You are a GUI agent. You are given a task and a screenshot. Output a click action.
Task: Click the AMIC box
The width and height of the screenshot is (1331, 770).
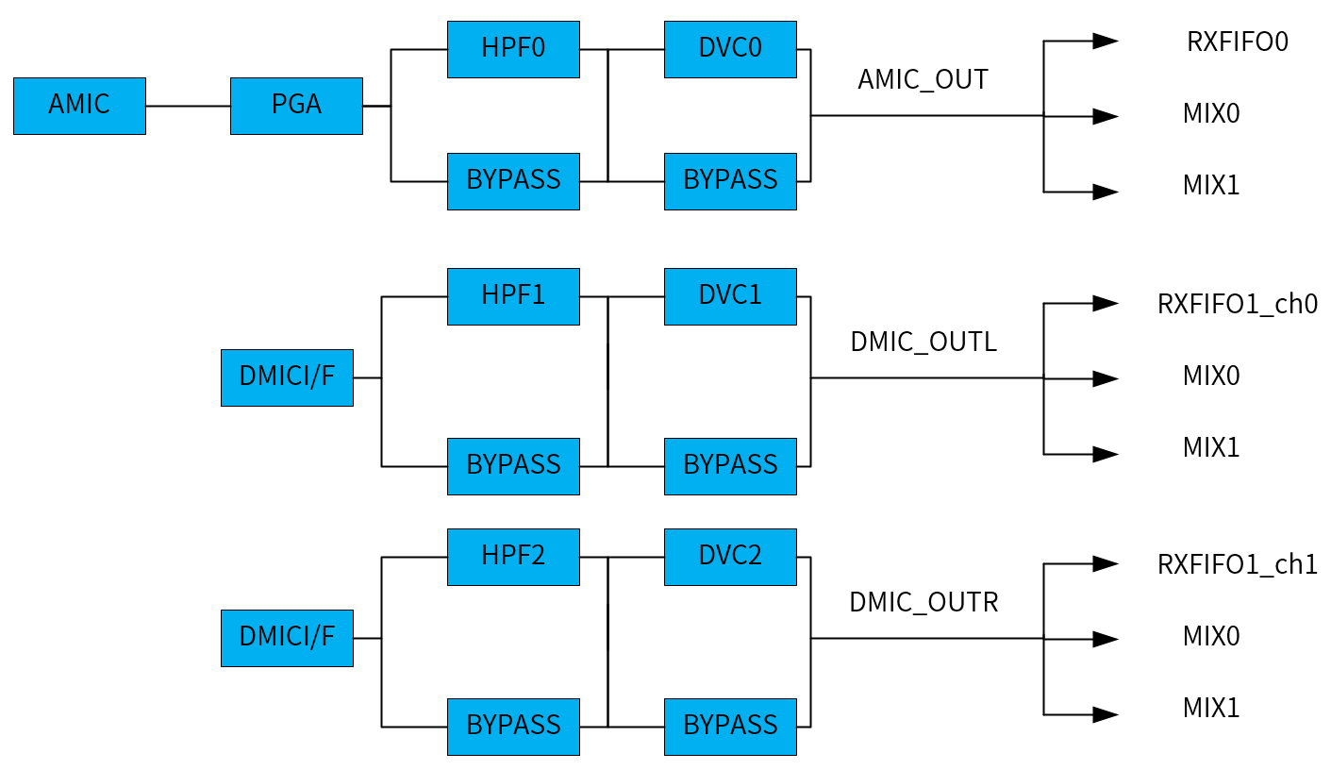pyautogui.click(x=79, y=106)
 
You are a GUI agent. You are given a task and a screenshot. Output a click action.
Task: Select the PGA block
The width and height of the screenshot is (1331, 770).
pyautogui.click(x=296, y=106)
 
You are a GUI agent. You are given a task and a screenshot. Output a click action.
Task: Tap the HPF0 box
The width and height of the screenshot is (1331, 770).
pyautogui.click(x=513, y=49)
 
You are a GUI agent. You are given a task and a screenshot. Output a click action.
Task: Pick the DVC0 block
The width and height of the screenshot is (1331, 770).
pyautogui.click(x=730, y=49)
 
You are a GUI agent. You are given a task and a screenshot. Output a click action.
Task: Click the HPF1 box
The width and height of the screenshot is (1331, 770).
pyautogui.click(x=513, y=296)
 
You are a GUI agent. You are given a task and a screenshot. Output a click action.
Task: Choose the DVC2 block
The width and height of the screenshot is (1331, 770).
pyautogui.click(x=730, y=557)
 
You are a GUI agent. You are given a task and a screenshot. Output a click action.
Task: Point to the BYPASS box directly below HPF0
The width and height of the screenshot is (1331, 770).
pyautogui.click(x=513, y=181)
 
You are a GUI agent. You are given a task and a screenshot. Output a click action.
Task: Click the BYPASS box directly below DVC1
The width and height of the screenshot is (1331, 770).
pyautogui.click(x=730, y=466)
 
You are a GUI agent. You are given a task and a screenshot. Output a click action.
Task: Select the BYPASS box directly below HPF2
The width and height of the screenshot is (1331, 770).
pyautogui.click(x=513, y=727)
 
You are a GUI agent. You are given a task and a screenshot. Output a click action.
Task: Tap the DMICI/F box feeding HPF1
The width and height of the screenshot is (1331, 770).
pyautogui.click(x=287, y=377)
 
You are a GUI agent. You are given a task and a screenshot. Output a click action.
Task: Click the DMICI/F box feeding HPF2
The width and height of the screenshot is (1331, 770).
pyautogui.click(x=287, y=638)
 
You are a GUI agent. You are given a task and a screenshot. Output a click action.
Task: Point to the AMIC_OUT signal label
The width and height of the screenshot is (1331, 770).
pyautogui.click(x=923, y=80)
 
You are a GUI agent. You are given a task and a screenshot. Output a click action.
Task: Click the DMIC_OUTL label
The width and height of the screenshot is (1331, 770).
pyautogui.click(x=923, y=343)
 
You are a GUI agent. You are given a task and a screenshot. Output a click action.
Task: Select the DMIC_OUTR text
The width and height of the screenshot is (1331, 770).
pyautogui.click(x=923, y=603)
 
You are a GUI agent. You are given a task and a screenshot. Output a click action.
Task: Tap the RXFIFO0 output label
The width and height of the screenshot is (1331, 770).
pyautogui.click(x=1237, y=42)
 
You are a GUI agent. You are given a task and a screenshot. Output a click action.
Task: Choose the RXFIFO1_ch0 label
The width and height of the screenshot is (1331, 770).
pyautogui.click(x=1237, y=305)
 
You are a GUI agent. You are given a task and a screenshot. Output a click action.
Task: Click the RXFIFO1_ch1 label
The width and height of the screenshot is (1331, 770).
pyautogui.click(x=1237, y=565)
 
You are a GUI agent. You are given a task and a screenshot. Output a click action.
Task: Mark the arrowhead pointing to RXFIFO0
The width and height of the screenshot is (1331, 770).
pyautogui.click(x=1105, y=41)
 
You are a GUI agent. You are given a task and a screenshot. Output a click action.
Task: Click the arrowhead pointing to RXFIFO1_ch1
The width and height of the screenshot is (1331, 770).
pyautogui.click(x=1105, y=563)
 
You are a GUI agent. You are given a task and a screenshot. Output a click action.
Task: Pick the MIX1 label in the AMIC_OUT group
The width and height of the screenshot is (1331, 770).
pyautogui.click(x=1211, y=186)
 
